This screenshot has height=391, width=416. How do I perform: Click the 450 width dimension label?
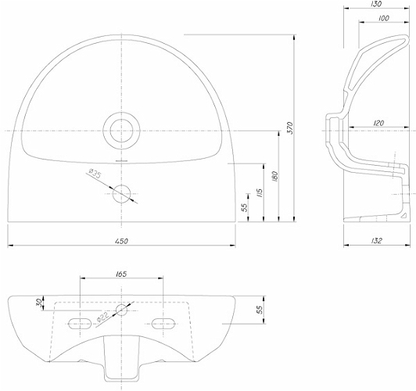pos(121,241)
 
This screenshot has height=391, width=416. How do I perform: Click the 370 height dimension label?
pos(290,128)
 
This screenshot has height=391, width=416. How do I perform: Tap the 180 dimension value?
pos(275,177)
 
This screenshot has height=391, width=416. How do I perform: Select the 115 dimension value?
pos(260,193)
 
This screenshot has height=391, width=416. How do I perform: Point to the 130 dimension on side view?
pos(376,4)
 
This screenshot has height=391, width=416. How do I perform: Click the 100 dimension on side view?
pos(384,18)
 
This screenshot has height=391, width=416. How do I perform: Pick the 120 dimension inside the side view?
pos(378,123)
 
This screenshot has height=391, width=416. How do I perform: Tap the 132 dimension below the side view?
pos(376,241)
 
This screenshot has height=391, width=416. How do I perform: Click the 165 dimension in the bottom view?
pos(121,274)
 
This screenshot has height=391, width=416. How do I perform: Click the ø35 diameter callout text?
pos(95,174)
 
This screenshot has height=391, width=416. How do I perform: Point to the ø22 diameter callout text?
pos(102,317)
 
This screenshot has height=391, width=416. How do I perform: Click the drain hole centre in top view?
pos(121,131)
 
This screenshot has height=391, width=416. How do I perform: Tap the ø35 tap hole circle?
pos(121,194)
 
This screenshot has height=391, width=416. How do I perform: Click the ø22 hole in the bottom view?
pos(121,310)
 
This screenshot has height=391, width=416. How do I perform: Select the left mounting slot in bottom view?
pos(80,324)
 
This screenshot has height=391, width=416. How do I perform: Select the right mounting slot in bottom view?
pos(163,324)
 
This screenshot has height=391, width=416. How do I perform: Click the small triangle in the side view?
pos(403,215)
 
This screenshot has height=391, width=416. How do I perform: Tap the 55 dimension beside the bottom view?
pos(259,310)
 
